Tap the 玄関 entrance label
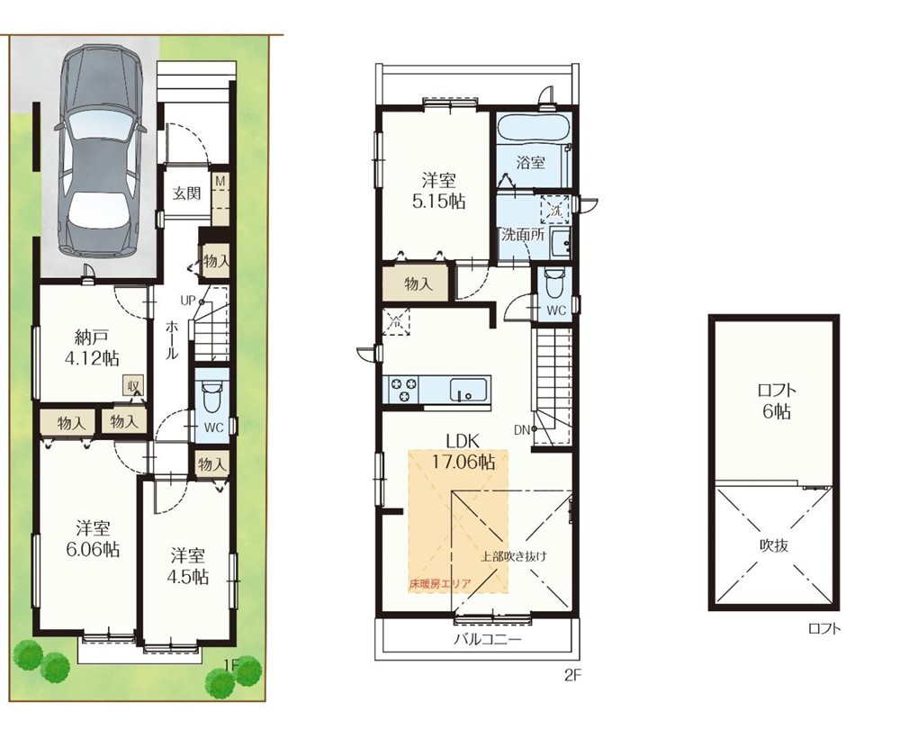pos(186,193)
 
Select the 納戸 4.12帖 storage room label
pos(91,347)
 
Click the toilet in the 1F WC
pos(211,397)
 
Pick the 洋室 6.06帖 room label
pos(93,538)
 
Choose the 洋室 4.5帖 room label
pos(186,566)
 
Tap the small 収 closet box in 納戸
pos(133,385)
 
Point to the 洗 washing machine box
pos(555,211)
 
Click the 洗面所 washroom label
pos(522,235)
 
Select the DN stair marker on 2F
pos(522,429)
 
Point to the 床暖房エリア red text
pos(440,584)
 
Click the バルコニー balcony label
pos(488,639)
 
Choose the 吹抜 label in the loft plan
pos(774,544)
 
